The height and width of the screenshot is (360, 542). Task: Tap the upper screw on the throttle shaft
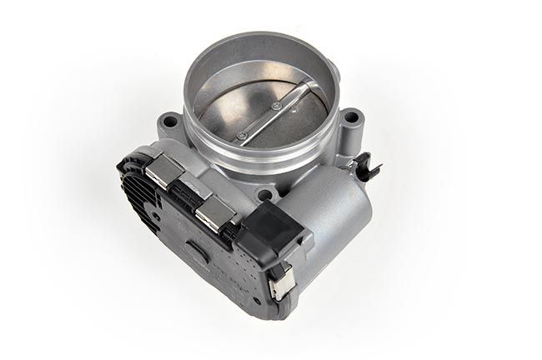click(x=276, y=106)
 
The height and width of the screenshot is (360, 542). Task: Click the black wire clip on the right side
click(x=368, y=169)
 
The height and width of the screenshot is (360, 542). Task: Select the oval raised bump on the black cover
click(x=193, y=249)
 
